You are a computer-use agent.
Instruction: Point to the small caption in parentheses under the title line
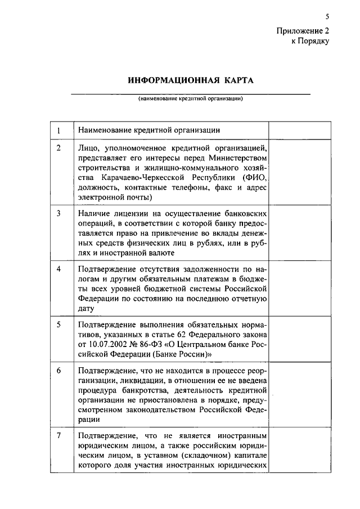pyautogui.click(x=191, y=98)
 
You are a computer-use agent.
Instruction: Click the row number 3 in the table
pyautogui.click(x=60, y=214)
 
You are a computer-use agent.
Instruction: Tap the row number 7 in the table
pyautogui.click(x=60, y=436)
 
